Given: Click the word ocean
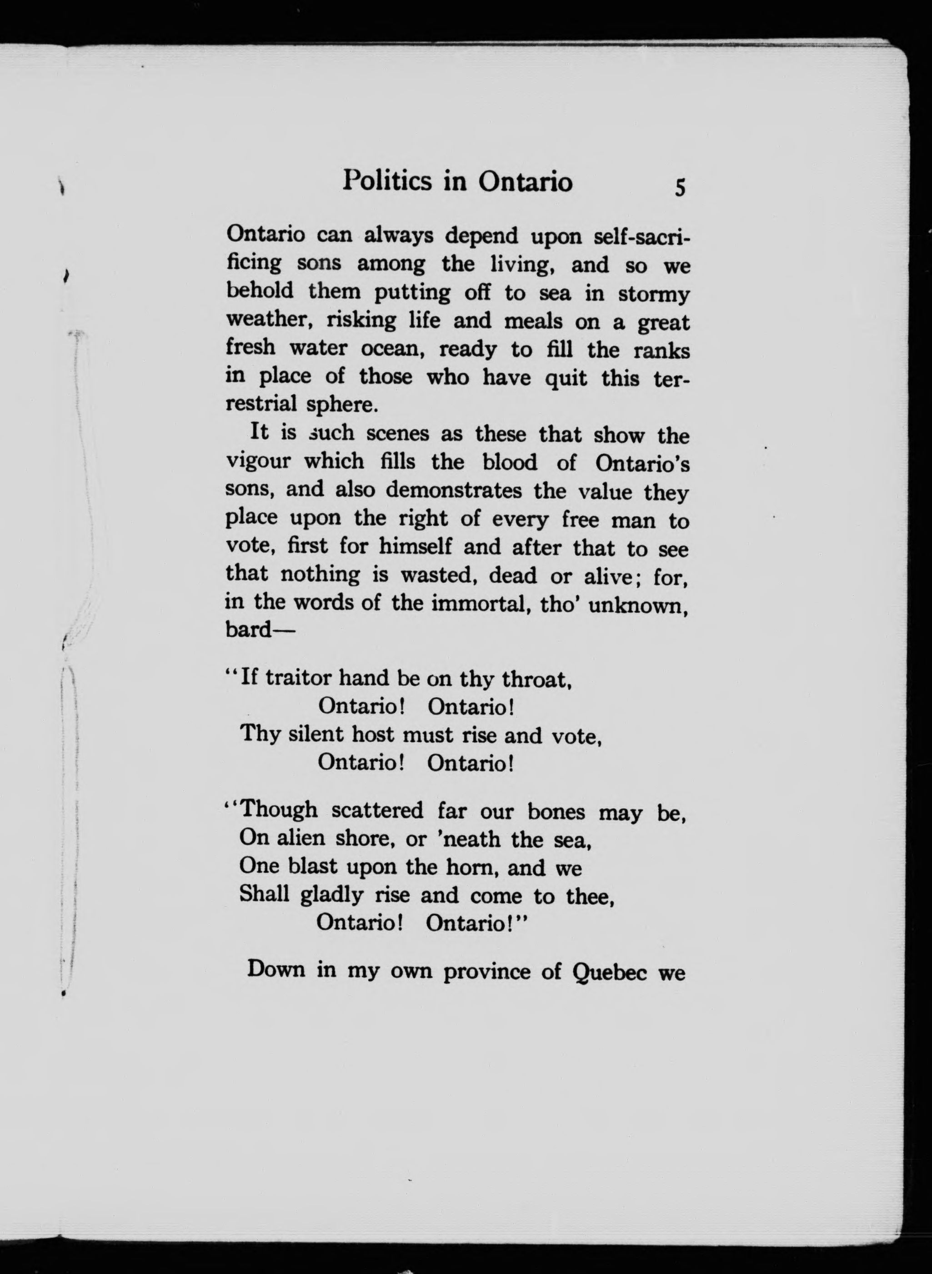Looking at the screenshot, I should [x=392, y=349].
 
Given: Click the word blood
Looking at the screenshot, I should [x=510, y=462].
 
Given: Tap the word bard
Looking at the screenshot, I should [x=248, y=629].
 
